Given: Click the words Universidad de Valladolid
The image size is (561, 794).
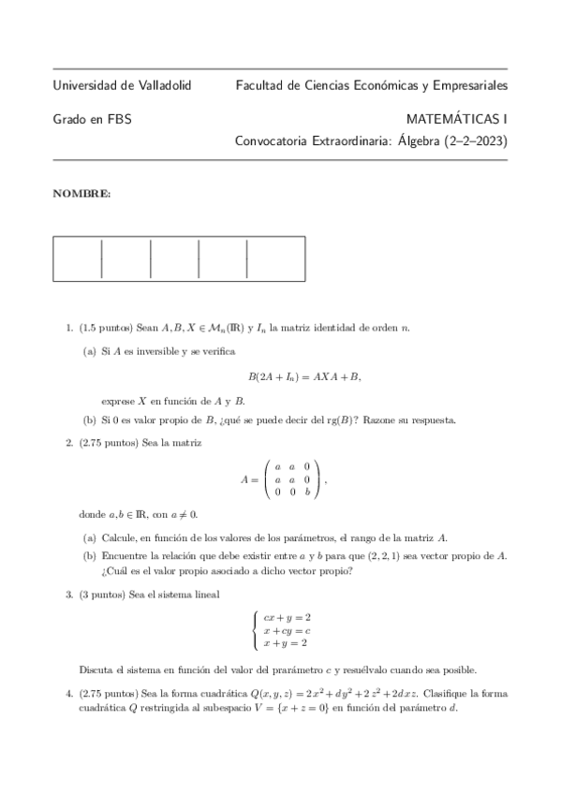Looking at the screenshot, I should click(122, 85).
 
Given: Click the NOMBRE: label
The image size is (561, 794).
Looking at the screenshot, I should click(81, 194).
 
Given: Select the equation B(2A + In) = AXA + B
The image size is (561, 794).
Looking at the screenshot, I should click(304, 376).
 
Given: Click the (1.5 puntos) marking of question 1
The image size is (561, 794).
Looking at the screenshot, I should click(106, 327).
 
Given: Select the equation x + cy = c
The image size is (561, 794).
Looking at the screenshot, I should click(287, 630).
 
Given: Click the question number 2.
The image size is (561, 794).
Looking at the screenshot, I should click(68, 442).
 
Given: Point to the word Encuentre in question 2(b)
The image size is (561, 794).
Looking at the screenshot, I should click(128, 556).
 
